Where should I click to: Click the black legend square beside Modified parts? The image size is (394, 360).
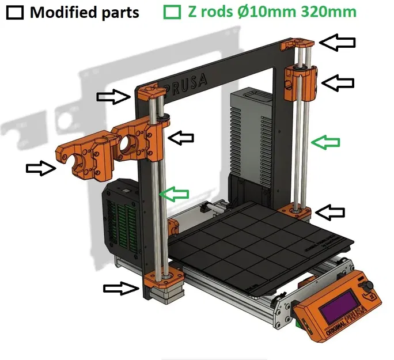click(x=16, y=12)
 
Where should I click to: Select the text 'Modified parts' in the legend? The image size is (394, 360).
click(x=85, y=12)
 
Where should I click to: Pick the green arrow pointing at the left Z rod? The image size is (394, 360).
click(x=175, y=194)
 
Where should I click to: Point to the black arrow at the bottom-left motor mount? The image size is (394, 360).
click(x=121, y=288)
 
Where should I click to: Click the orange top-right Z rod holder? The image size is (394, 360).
click(x=296, y=44)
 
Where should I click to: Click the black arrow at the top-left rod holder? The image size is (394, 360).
click(x=114, y=96)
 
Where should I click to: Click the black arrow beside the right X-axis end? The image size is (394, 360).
click(x=337, y=82)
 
